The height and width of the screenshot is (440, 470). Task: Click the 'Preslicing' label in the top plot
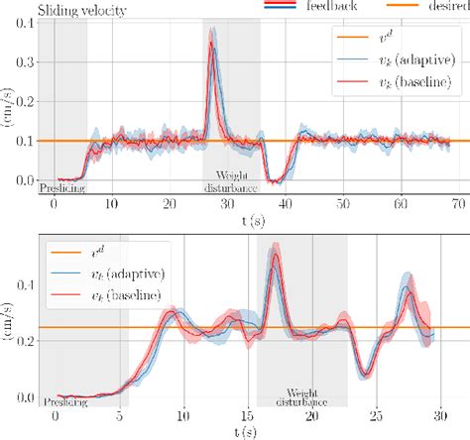tap(62, 184)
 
